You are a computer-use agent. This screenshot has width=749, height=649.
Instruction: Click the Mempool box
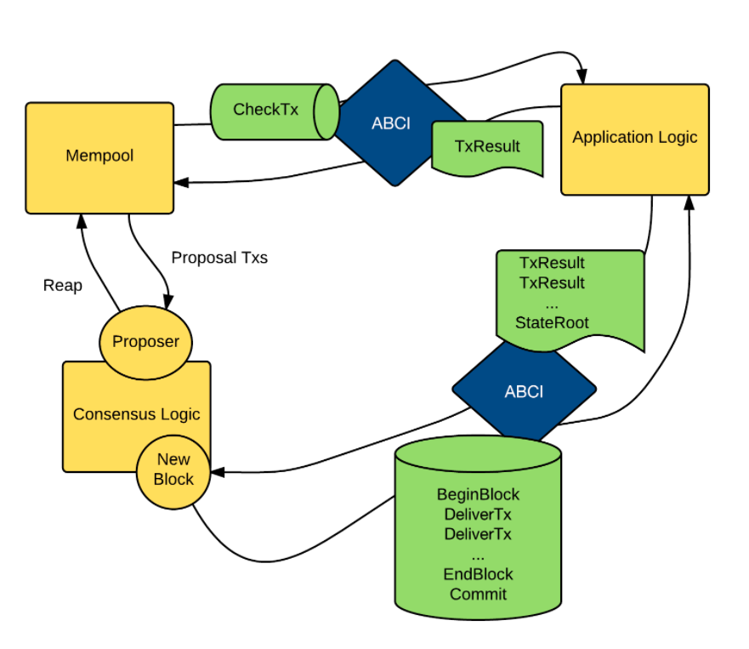pos(99,157)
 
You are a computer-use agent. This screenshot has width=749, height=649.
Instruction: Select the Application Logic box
pos(635,139)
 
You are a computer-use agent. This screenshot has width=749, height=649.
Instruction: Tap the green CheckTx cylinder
pos(275,111)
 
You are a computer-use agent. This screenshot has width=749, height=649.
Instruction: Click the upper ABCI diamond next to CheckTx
pos(394,123)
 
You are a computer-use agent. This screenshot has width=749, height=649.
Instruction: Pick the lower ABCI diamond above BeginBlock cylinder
pos(524,391)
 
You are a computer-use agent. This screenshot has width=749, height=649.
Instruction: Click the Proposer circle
pos(145,343)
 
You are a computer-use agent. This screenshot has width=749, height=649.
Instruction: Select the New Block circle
pos(173,472)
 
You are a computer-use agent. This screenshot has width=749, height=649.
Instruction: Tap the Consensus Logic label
pos(137,414)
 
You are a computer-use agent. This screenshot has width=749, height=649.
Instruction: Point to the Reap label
pos(63,285)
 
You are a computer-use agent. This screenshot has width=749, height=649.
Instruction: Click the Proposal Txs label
pos(219,258)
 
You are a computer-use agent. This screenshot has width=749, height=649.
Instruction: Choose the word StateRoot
pos(552,322)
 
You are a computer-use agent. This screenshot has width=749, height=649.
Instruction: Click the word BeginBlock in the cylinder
pos(478,494)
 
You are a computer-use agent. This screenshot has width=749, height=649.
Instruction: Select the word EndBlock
pos(478,574)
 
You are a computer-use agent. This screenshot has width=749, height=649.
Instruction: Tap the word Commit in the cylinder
pos(478,594)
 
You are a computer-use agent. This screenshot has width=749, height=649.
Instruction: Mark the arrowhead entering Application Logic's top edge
pos(582,77)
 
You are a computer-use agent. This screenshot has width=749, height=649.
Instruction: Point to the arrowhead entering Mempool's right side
pos(182,182)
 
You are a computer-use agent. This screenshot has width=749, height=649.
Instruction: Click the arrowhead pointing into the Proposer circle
pos(168,302)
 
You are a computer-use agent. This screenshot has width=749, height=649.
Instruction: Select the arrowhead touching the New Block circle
pos(218,472)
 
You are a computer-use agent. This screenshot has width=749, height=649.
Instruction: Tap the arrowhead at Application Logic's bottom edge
pos(689,203)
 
